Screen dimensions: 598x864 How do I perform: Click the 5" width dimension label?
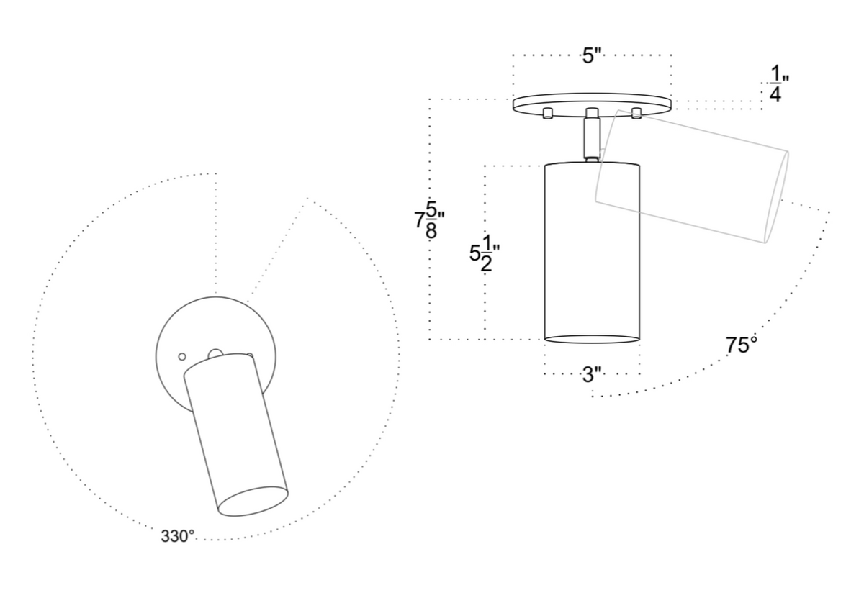pos(592,56)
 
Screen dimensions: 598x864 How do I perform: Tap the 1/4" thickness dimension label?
pos(775,85)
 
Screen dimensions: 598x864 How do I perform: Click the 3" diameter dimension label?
pos(592,374)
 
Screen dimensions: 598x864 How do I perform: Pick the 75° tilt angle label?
pos(742,345)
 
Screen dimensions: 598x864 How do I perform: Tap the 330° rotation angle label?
pos(177,536)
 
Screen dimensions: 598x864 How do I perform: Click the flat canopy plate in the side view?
pos(592,104)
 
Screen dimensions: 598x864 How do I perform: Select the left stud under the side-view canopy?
pos(547,113)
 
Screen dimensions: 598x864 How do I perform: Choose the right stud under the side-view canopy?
pos(636,113)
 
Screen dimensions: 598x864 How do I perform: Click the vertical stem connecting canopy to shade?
pos(592,138)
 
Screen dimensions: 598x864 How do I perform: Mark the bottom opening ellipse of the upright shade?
pos(592,337)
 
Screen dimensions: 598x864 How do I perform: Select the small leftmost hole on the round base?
pos(182,356)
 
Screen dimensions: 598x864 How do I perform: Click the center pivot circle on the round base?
pos(214,354)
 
